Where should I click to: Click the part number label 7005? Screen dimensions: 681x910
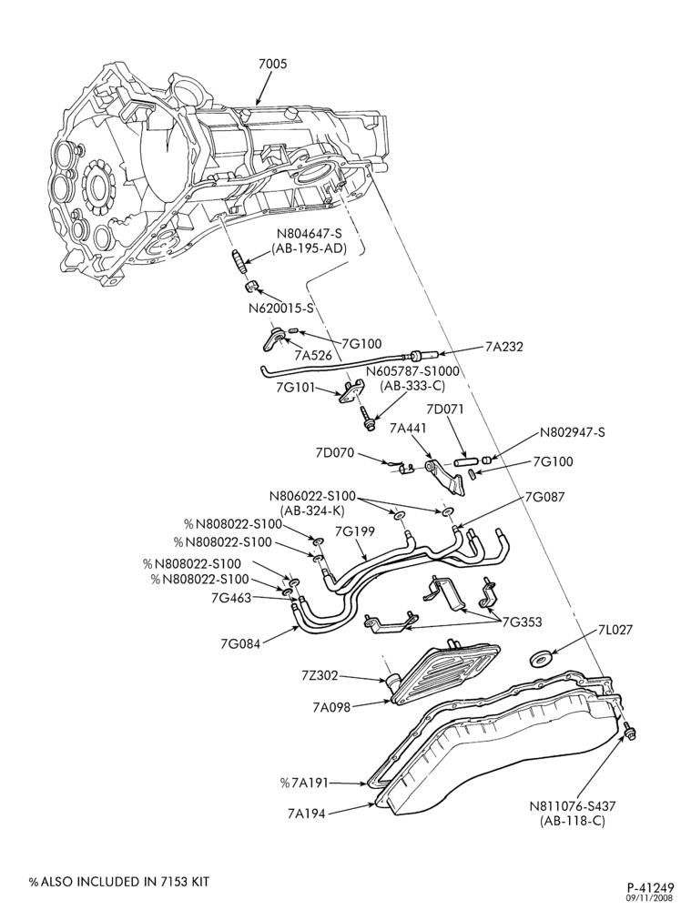[x=272, y=64]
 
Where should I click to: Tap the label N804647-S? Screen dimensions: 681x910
[x=309, y=235]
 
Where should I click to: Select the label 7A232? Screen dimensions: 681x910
[x=504, y=347]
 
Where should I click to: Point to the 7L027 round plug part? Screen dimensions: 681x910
[x=541, y=659]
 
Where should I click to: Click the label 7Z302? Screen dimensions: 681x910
[x=320, y=676]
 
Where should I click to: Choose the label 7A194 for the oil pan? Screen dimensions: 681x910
[x=306, y=814]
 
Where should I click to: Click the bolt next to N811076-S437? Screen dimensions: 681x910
[x=629, y=732]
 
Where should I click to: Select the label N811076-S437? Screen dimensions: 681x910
[x=572, y=806]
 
